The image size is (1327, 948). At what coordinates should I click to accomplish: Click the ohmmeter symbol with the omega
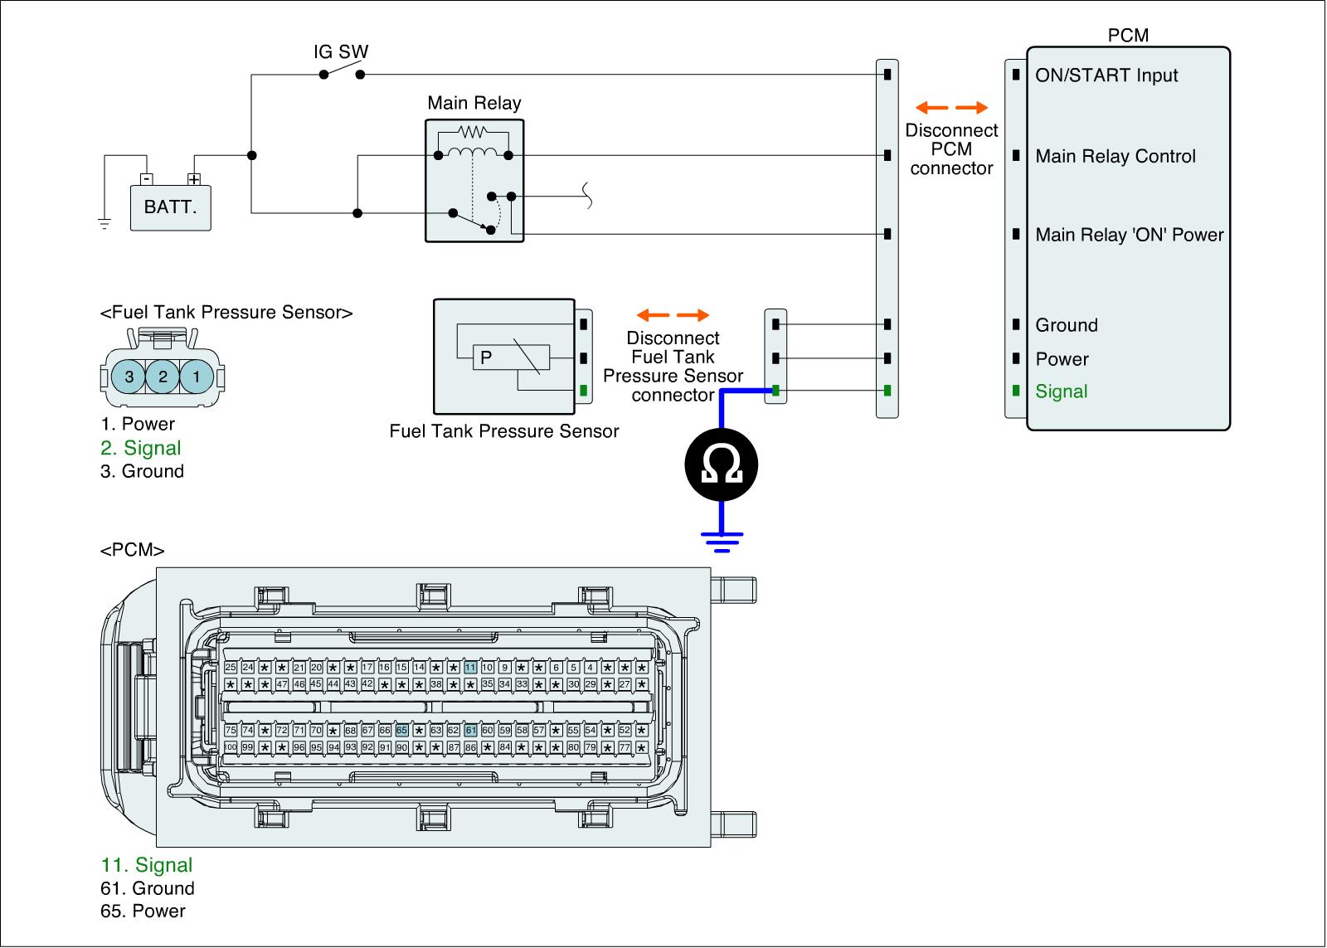tap(722, 465)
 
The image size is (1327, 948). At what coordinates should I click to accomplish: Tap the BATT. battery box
tap(171, 207)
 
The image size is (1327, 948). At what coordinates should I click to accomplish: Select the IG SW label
tap(340, 51)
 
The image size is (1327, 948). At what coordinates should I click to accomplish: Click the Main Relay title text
tap(474, 103)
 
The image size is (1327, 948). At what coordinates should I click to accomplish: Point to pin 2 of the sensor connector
tap(163, 377)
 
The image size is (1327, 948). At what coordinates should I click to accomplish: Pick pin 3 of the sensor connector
tap(129, 377)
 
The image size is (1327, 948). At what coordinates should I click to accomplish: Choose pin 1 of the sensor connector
tap(196, 377)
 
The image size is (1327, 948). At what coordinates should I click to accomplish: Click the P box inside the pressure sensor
tap(486, 357)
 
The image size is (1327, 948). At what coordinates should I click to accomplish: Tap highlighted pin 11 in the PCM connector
tap(470, 668)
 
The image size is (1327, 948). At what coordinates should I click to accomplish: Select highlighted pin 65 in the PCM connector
tap(401, 731)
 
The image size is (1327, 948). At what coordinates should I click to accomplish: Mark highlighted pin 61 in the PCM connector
tap(470, 731)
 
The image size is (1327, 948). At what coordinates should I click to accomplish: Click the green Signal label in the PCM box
tap(1061, 391)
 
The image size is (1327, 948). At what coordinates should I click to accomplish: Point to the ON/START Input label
tap(1106, 75)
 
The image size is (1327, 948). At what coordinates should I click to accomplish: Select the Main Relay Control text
tap(1116, 156)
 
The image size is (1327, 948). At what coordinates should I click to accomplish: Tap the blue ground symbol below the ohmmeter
tap(722, 540)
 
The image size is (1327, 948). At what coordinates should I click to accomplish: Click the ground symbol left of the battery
tap(105, 222)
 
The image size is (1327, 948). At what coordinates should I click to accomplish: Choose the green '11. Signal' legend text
tap(147, 865)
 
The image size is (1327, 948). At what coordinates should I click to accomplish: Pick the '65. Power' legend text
tap(143, 911)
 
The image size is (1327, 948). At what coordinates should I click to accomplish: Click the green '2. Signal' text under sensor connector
tap(141, 448)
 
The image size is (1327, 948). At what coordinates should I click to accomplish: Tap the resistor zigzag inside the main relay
tap(474, 131)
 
